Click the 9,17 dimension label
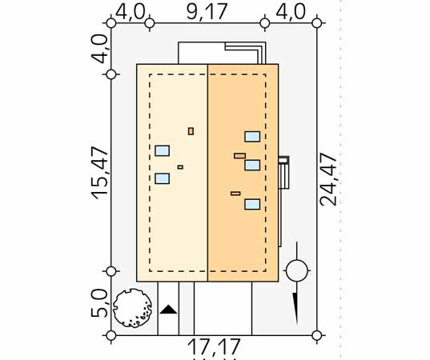point(207,11)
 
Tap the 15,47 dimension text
point(100,173)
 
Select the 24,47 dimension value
point(328,179)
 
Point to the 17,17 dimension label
point(214,346)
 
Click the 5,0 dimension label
point(99,302)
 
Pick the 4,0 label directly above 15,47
point(99,50)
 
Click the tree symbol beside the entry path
point(132,308)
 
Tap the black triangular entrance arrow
point(168,310)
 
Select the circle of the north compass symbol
point(297,270)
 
